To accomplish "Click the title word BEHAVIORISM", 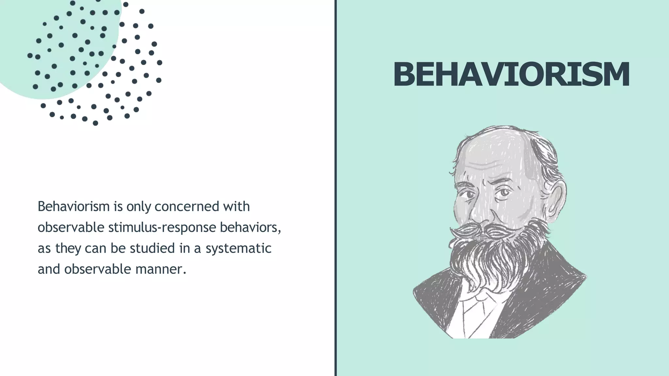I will click(x=511, y=74).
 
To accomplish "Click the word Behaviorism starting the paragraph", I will click(x=73, y=207).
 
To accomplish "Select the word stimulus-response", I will click(x=162, y=227).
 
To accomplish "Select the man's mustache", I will click(x=490, y=230).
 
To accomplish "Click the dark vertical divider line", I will click(x=335, y=188).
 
